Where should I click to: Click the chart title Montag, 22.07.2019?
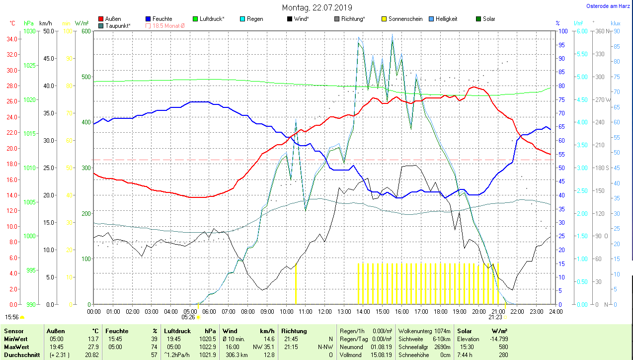pyautogui.click(x=316, y=7)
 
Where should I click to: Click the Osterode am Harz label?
pyautogui.click(x=608, y=6)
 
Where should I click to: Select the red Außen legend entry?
pyautogui.click(x=113, y=19)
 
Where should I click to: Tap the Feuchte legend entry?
pyautogui.click(x=162, y=19)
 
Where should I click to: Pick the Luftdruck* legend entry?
pyautogui.click(x=212, y=19)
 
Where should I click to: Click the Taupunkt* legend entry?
pyautogui.click(x=118, y=25)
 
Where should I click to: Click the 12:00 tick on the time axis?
pyautogui.click(x=324, y=312)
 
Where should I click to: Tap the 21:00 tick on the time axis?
pyautogui.click(x=498, y=312)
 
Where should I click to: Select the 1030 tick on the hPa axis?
pyautogui.click(x=29, y=31)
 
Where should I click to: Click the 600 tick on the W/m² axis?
pyautogui.click(x=86, y=31)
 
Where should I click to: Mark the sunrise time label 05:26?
pyautogui.click(x=188, y=317)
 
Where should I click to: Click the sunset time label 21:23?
pyautogui.click(x=495, y=317)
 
